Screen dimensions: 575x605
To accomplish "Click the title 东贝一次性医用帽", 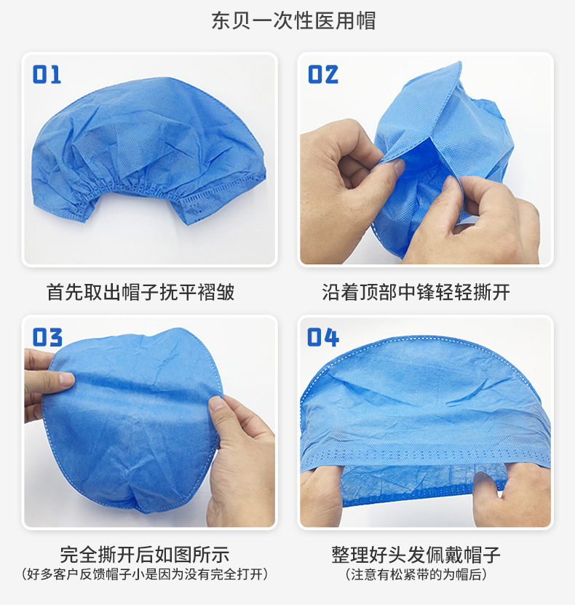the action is click(x=293, y=21).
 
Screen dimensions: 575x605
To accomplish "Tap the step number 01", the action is click(x=47, y=74).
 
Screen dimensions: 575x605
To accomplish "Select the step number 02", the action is click(x=322, y=74).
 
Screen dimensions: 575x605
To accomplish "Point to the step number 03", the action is click(x=47, y=338).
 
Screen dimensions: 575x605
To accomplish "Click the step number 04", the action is click(x=322, y=338).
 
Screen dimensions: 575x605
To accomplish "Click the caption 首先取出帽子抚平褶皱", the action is click(x=140, y=292).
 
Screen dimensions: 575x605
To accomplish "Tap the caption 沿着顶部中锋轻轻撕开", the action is click(x=416, y=292).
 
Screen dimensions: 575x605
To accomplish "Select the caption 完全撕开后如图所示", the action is click(x=145, y=554).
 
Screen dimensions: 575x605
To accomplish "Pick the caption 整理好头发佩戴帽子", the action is click(x=416, y=554).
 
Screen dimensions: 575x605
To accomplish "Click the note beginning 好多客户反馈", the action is click(x=145, y=574).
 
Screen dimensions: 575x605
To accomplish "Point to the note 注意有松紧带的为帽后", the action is click(x=416, y=574).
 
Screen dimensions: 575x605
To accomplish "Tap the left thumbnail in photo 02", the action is click(x=395, y=166).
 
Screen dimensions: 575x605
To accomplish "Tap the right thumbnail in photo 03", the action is click(x=217, y=403).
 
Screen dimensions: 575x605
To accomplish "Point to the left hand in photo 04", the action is click(x=321, y=494).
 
